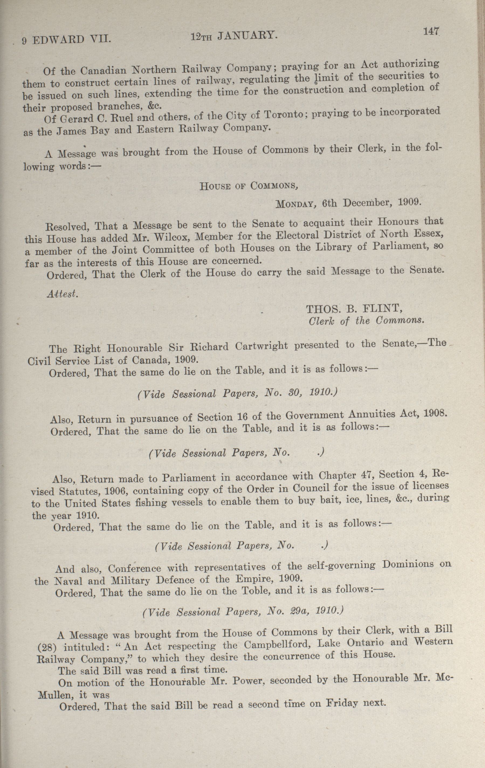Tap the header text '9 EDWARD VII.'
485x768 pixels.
(66, 40)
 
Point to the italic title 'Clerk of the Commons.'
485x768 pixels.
(367, 321)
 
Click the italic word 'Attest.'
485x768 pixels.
(62, 294)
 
